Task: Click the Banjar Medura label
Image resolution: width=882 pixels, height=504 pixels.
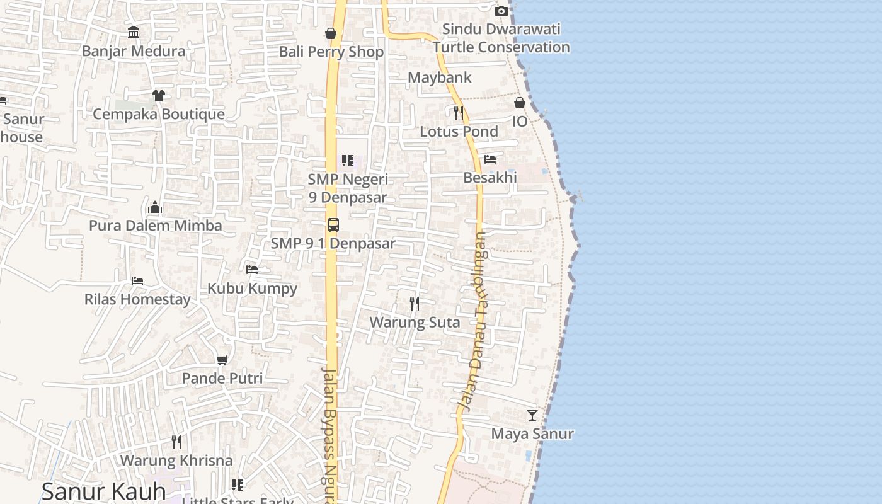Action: point(134,51)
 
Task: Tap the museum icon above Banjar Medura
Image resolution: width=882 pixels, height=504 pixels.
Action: point(134,32)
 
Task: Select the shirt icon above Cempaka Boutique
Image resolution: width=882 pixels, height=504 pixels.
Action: point(158,96)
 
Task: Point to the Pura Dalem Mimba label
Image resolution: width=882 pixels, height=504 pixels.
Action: point(155,226)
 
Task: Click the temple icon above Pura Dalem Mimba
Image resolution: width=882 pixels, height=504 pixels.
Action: point(155,207)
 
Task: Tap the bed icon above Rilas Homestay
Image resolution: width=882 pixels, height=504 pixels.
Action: point(137,280)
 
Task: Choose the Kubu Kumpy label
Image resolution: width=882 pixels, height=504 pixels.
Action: point(252,289)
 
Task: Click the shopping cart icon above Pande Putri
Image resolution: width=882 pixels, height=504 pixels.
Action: point(222,360)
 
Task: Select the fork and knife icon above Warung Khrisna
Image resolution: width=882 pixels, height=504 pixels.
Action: point(176,442)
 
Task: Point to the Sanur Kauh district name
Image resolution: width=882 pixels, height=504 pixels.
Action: point(104,491)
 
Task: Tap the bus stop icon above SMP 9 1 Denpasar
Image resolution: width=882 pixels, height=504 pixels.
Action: point(333,224)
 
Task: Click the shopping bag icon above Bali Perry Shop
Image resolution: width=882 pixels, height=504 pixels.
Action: point(331,33)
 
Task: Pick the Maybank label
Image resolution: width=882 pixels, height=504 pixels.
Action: point(440,77)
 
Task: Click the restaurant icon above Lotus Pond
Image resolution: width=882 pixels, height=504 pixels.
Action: point(459,113)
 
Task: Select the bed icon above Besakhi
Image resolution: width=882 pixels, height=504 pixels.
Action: point(490,159)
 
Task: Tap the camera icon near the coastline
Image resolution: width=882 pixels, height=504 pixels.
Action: point(501,11)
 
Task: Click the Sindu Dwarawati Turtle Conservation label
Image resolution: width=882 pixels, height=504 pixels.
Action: point(501,38)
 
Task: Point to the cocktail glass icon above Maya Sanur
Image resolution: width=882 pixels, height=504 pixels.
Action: point(532,415)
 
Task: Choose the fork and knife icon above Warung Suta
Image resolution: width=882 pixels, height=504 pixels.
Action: point(415,304)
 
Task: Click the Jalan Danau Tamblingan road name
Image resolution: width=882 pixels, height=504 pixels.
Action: point(473,321)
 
